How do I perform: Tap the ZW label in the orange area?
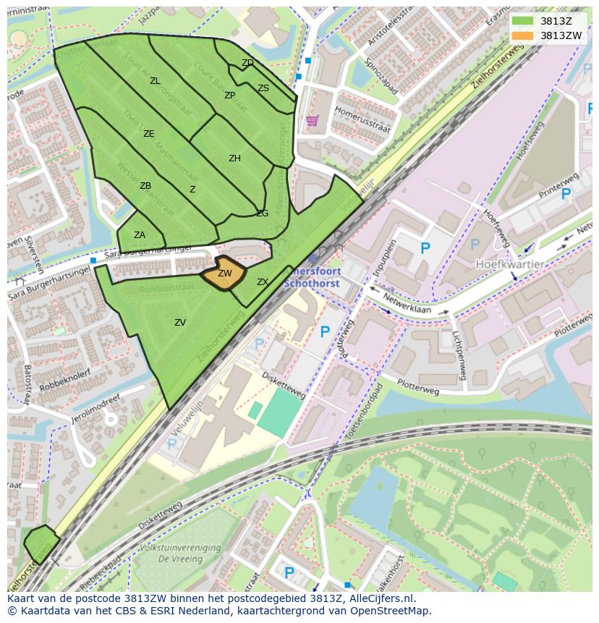(225, 274)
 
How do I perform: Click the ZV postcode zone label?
(180, 323)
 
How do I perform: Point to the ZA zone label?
(140, 234)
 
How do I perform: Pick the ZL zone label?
(155, 81)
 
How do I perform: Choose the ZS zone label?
(263, 88)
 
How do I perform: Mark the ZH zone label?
(234, 158)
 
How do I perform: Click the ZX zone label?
(263, 282)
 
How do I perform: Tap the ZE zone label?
(149, 134)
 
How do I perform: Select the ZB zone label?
(145, 186)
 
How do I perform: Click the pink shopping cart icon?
(312, 121)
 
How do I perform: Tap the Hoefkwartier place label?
(509, 265)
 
